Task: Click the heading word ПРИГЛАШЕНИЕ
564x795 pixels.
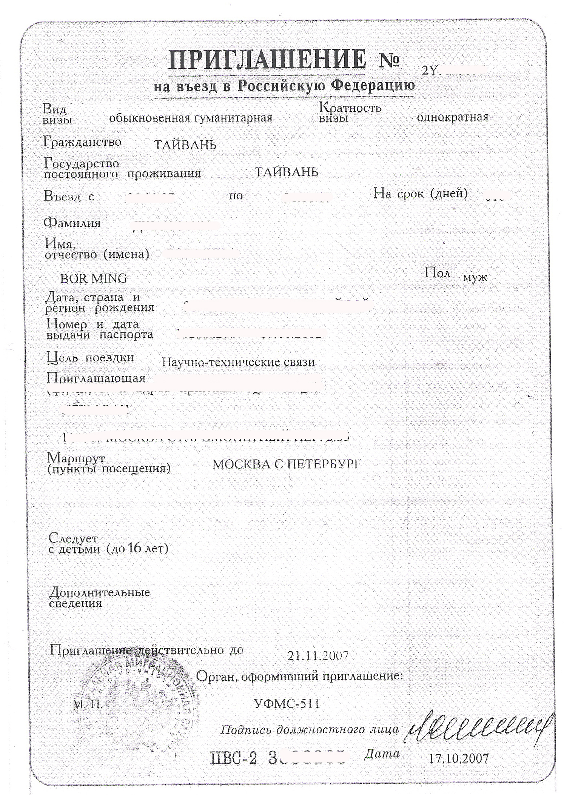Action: [267, 60]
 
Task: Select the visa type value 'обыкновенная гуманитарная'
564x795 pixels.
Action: [191, 118]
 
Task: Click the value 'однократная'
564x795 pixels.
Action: [452, 117]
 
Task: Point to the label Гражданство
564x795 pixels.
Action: [82, 142]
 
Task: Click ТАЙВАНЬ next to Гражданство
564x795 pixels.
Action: [185, 145]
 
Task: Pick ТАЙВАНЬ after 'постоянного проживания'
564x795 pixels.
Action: [286, 172]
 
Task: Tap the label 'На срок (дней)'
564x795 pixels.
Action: [421, 194]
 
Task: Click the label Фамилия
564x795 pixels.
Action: [72, 223]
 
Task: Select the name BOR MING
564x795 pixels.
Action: [94, 279]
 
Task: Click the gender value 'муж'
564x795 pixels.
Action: [475, 278]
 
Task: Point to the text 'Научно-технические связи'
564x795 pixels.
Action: [238, 362]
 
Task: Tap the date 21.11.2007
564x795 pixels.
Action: [317, 655]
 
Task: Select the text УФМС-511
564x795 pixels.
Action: [287, 704]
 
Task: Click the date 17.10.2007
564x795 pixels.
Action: [459, 758]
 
